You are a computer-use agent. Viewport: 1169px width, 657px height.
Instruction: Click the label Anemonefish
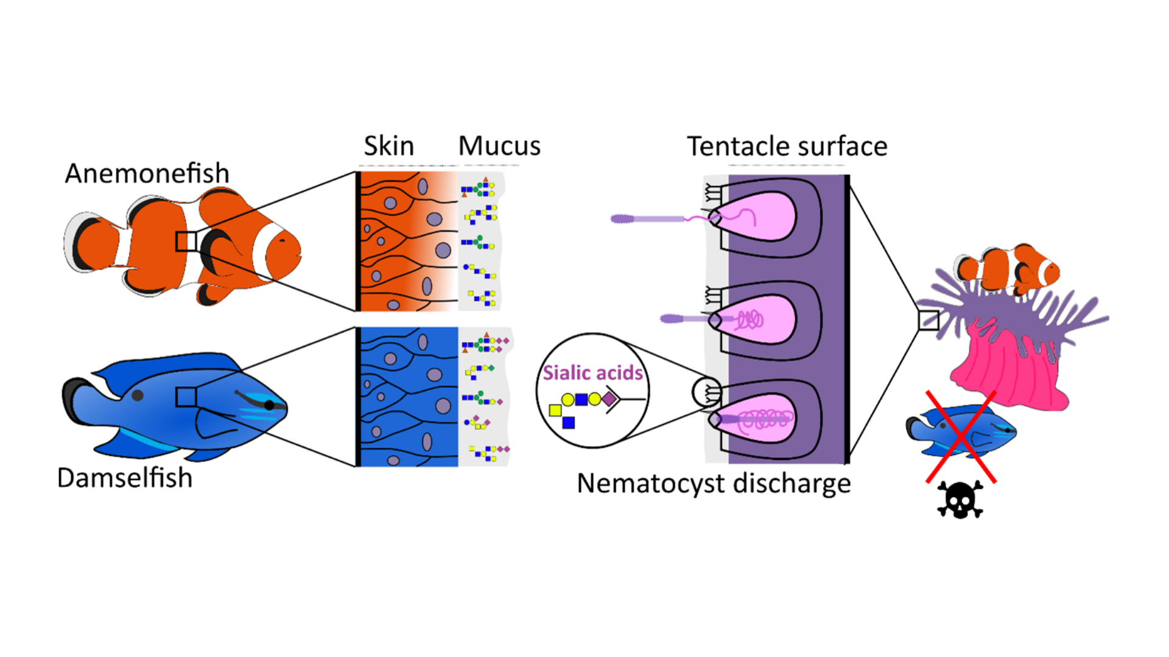click(147, 173)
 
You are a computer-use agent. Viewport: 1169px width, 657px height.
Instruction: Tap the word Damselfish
click(124, 478)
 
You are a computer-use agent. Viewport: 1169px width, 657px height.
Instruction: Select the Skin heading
click(388, 146)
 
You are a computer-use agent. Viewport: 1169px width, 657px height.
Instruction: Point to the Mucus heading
click(499, 146)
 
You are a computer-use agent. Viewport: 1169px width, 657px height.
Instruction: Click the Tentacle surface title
click(787, 147)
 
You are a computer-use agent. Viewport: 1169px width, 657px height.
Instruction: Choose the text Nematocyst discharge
click(714, 484)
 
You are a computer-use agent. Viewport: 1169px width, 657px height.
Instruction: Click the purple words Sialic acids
click(592, 372)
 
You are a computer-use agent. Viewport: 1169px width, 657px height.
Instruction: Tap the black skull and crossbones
click(960, 500)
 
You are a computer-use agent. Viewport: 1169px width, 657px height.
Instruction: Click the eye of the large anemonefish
click(282, 240)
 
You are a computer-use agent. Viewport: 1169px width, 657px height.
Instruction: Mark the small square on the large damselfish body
click(186, 397)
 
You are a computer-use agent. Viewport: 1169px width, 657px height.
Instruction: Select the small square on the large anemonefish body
click(186, 241)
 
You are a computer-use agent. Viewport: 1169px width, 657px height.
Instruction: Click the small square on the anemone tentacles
click(928, 320)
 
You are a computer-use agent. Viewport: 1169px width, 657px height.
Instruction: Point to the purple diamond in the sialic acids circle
click(609, 399)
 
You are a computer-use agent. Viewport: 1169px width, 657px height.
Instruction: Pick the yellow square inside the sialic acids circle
click(555, 411)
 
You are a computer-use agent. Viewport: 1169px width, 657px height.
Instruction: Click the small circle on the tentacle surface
click(706, 392)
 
